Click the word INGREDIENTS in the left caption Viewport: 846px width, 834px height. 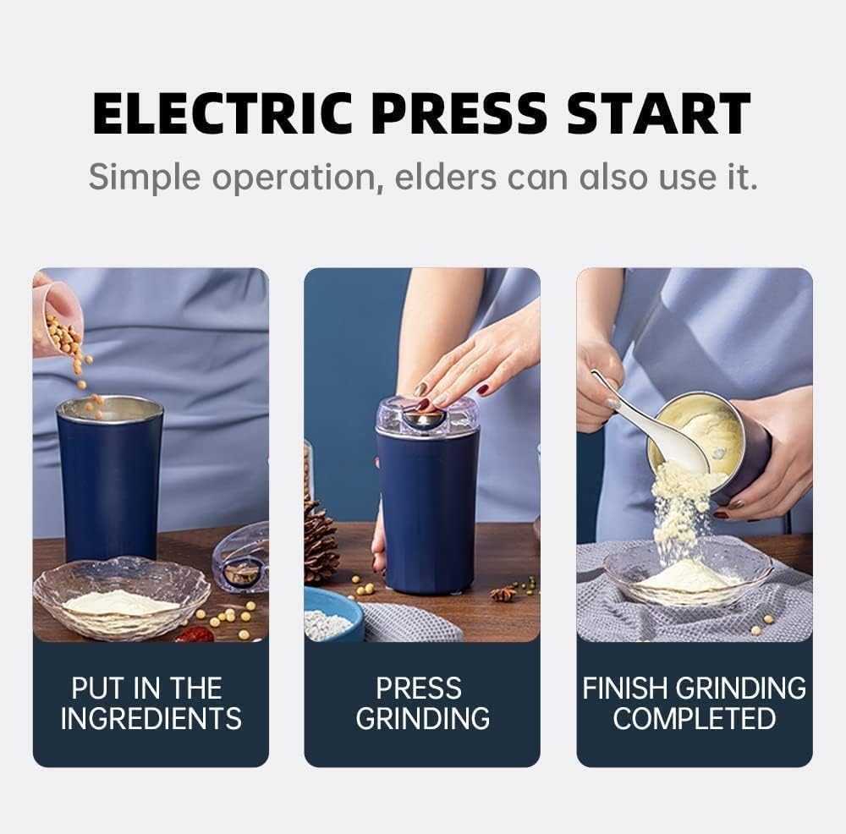151,719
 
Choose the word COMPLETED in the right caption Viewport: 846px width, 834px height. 695,719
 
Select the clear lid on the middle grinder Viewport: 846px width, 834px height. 427,415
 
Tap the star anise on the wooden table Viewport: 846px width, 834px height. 503,594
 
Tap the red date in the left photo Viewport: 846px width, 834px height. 195,634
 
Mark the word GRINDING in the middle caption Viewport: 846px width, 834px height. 422,719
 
